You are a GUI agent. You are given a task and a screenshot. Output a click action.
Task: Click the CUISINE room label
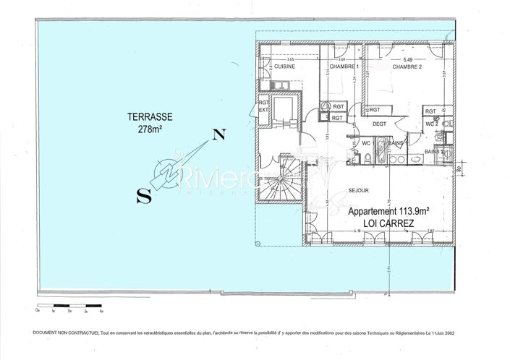[x=285, y=67]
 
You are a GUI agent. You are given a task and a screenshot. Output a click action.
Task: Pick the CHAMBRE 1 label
[x=344, y=67]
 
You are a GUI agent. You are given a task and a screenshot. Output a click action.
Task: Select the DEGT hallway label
[x=381, y=124]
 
